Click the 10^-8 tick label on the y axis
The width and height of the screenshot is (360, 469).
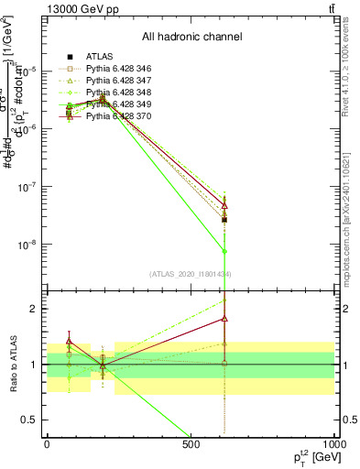tap(28, 245)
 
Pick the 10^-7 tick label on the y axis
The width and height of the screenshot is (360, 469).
tap(28, 187)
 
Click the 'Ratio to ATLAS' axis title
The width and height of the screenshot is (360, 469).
tap(12, 365)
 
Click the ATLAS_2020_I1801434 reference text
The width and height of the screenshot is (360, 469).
tap(191, 274)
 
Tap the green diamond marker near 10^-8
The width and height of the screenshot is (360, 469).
tap(224, 251)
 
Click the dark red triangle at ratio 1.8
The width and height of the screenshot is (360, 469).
tap(224, 319)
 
